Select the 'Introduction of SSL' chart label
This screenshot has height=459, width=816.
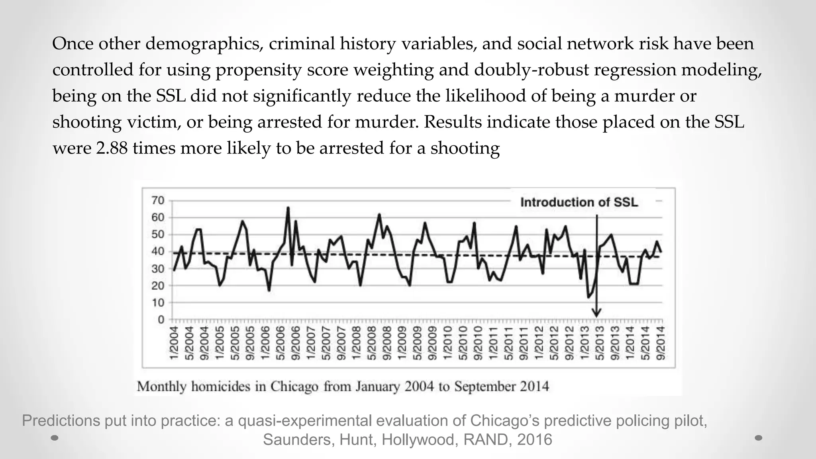click(x=579, y=202)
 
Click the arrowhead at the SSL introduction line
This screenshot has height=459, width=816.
click(x=596, y=313)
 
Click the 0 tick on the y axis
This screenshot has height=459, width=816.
click(x=161, y=320)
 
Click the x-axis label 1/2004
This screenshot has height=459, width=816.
click(x=174, y=343)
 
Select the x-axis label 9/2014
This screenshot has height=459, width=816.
click(x=661, y=343)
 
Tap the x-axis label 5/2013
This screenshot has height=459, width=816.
click(x=600, y=343)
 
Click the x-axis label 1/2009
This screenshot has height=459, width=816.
click(x=402, y=343)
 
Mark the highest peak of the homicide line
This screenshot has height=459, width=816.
click(x=288, y=208)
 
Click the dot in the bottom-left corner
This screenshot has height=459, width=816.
click(x=55, y=438)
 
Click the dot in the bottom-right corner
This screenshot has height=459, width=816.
click(x=759, y=438)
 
